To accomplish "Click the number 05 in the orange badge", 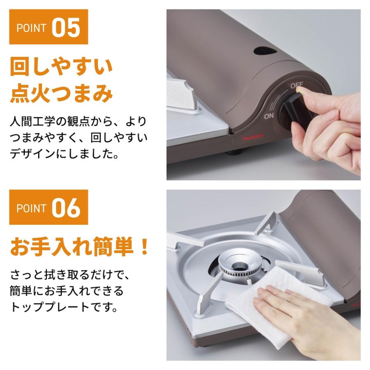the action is tap(66, 28).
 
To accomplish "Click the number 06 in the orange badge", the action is tap(66, 208).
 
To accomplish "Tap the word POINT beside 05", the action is tap(31, 28).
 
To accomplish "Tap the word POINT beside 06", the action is tap(31, 208).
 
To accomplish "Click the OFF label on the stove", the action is tap(296, 85).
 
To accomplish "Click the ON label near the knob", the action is tap(268, 116).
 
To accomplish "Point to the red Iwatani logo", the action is tap(253, 137).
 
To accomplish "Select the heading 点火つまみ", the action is tap(61, 94).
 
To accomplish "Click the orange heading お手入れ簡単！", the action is tap(79, 247).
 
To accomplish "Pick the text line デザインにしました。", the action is tap(64, 154).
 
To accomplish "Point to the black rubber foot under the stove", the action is tap(233, 153).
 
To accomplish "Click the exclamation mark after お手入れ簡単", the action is tap(143, 247).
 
